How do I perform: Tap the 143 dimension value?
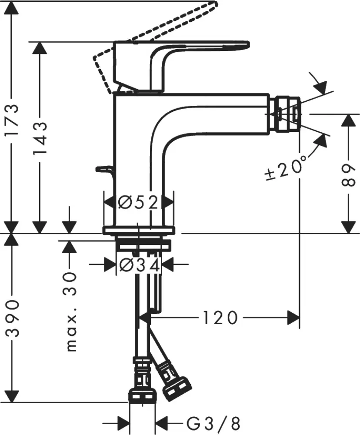click(40, 139)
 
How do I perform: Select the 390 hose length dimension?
click(13, 318)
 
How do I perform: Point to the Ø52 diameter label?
click(138, 202)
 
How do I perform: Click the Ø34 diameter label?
click(138, 264)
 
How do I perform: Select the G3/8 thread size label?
click(213, 422)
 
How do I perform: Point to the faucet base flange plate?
click(138, 230)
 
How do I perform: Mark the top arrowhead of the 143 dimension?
click(40, 48)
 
